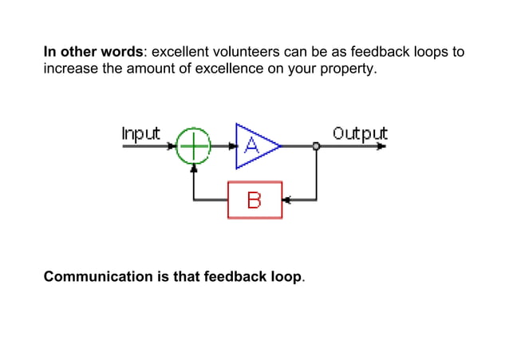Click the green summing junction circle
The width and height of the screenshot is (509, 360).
pos(192,146)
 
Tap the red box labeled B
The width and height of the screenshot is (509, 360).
pos(254,200)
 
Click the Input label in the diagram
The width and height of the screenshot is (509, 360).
pos(140,133)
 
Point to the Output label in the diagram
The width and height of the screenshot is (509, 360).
pos(360,133)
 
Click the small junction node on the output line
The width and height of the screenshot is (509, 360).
pos(317,146)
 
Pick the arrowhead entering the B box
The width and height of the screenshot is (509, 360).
pos(287,200)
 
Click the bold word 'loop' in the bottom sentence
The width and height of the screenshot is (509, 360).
pos(288,277)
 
